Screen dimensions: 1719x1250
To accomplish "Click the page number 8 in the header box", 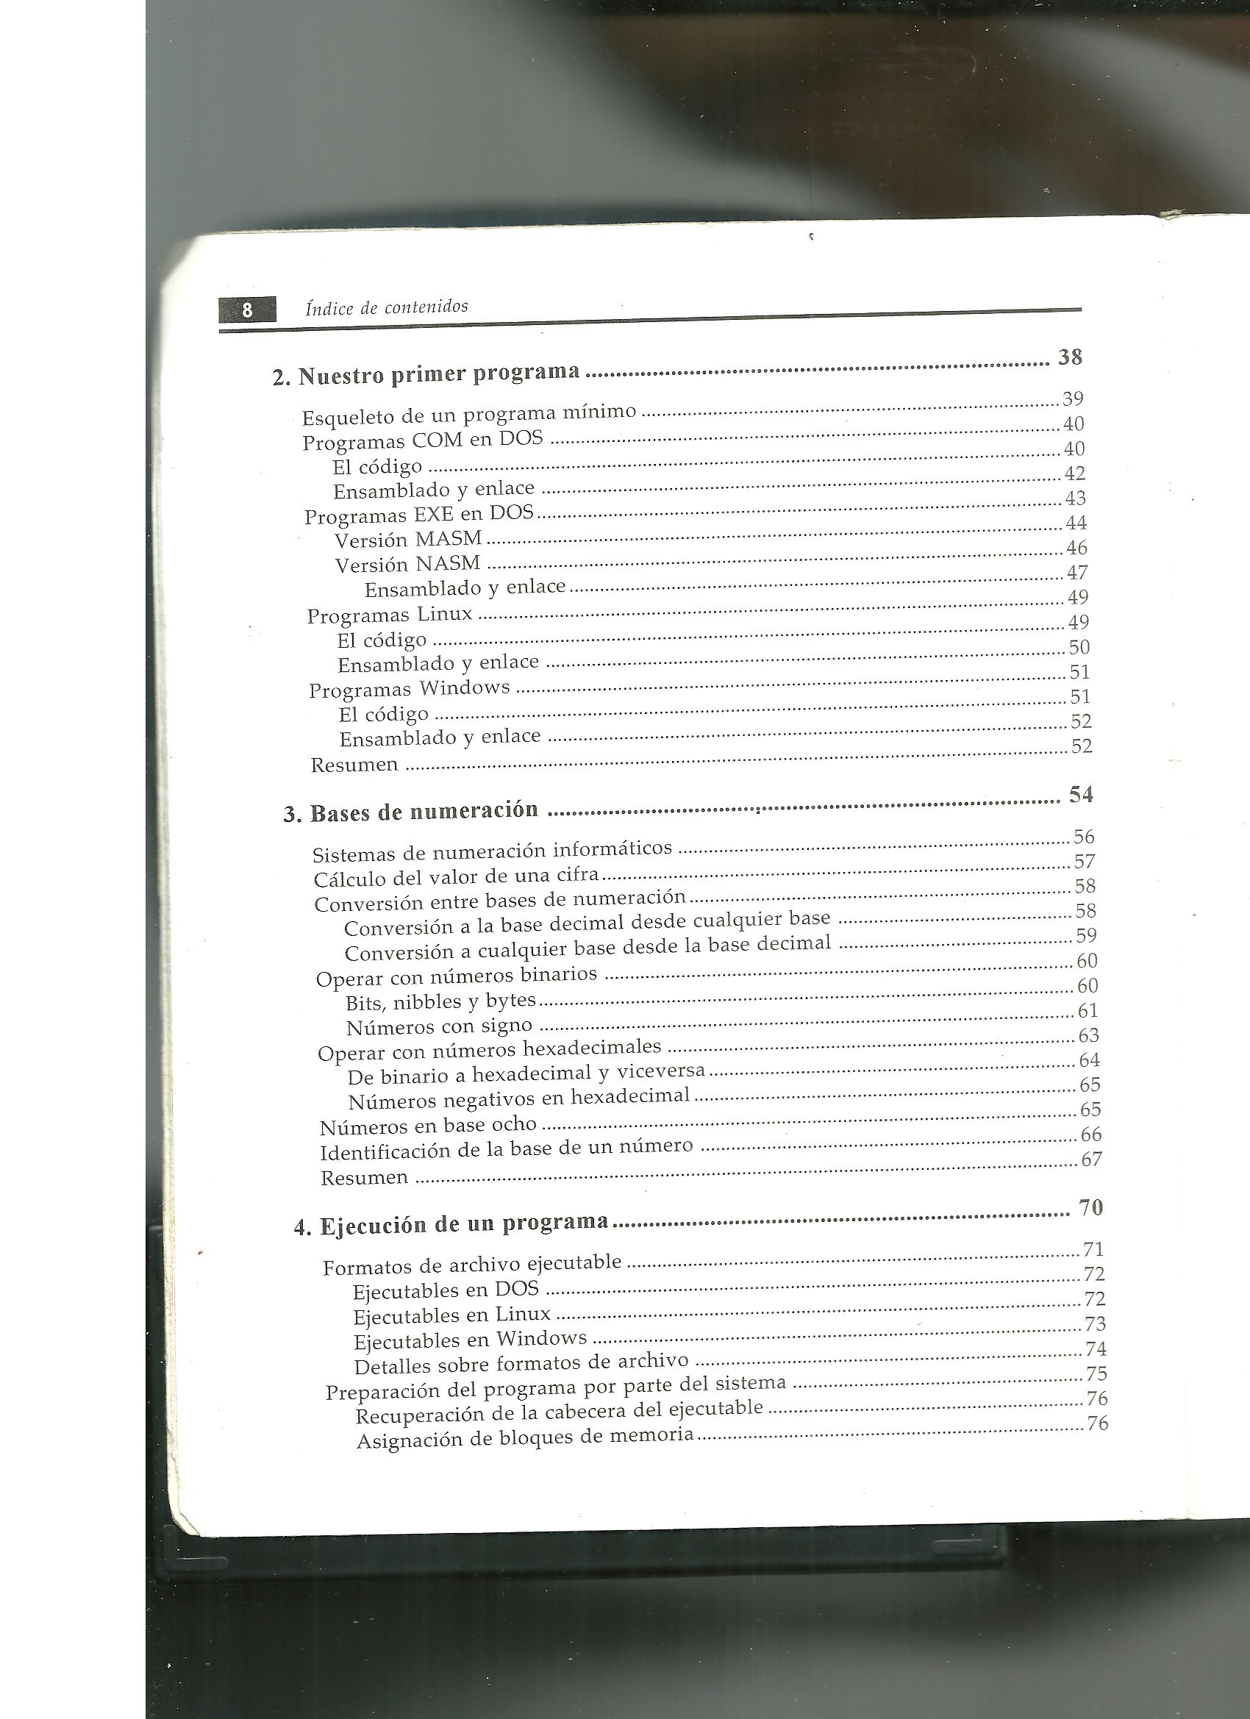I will pos(247,311).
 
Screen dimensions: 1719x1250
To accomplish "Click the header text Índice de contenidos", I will pos(387,307).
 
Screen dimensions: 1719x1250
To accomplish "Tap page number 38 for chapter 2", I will pos(1070,357).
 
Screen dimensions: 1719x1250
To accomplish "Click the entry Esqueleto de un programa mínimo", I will pos(469,415).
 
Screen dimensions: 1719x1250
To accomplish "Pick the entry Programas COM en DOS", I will pos(423,440).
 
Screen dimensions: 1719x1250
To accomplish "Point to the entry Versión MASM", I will pos(409,540).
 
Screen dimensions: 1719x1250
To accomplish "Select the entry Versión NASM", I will pos(408,565).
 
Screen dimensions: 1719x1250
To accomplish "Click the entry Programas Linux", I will pos(390,615).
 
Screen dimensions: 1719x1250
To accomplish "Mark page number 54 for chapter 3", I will pos(1081,794).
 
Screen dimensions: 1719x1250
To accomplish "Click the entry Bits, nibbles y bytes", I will pos(440,1002).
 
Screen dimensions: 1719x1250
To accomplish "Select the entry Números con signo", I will pos(440,1027).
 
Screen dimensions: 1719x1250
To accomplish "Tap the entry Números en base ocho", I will pos(428,1126).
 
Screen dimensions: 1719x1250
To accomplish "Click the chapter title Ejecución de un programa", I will pos(451,1224).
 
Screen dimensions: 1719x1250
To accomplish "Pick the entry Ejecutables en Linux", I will pos(451,1315).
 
